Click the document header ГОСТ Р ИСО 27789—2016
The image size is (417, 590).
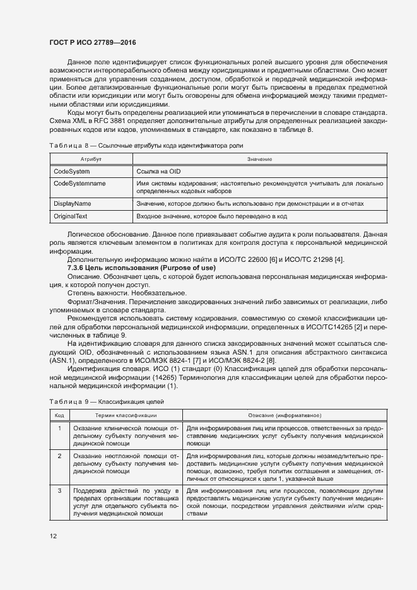point(94,43)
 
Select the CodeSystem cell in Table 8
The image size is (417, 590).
point(71,172)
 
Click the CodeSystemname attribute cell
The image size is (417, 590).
point(79,184)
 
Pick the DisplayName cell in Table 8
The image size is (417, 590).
point(72,204)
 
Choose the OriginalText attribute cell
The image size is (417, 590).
point(71,216)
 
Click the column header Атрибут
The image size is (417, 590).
point(91,160)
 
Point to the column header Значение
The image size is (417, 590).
point(259,160)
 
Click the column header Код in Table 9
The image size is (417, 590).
point(59,415)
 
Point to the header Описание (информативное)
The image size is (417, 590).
point(285,415)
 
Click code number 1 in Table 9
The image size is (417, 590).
point(59,428)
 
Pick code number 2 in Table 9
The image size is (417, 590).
point(59,455)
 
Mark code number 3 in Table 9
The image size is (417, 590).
point(59,490)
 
